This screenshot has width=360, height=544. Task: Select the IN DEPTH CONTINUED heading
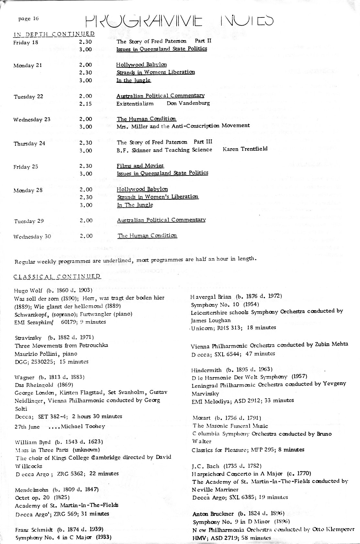pyautogui.click(x=54, y=34)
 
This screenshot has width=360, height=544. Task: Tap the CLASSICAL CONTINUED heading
pyautogui.click(x=57, y=276)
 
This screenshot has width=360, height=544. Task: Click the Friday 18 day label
pyautogui.click(x=26, y=42)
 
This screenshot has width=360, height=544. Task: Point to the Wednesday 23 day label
pyautogui.click(x=32, y=119)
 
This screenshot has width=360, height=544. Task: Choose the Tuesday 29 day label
pyautogui.click(x=29, y=221)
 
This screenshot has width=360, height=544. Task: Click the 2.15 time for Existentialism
pyautogui.click(x=85, y=104)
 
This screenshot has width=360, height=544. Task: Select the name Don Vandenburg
pyautogui.click(x=188, y=103)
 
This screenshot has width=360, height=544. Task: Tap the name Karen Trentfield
pyautogui.click(x=245, y=149)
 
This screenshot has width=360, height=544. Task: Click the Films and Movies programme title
pyautogui.click(x=140, y=166)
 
